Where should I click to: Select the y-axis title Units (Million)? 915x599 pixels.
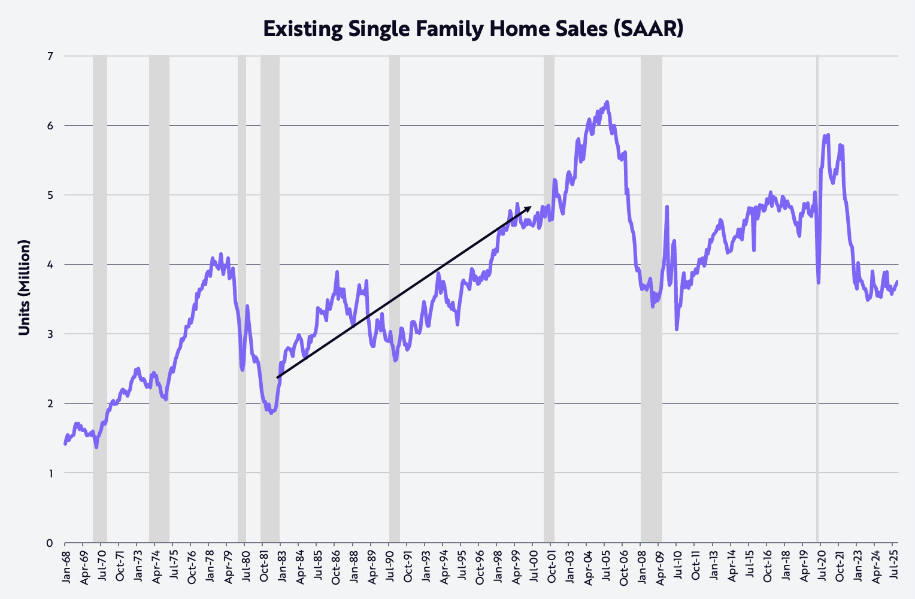25,288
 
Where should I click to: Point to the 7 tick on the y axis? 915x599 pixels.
50,56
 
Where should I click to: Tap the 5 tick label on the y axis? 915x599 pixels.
50,195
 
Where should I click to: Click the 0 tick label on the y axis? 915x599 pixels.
50,543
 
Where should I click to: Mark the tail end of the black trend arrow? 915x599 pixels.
277,377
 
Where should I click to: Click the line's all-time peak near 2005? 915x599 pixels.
607,102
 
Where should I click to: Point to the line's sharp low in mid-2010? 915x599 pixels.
677,329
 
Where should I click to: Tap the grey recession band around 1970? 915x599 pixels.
100,299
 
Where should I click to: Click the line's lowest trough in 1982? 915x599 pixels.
271,413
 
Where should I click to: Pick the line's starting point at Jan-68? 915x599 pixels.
65,444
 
